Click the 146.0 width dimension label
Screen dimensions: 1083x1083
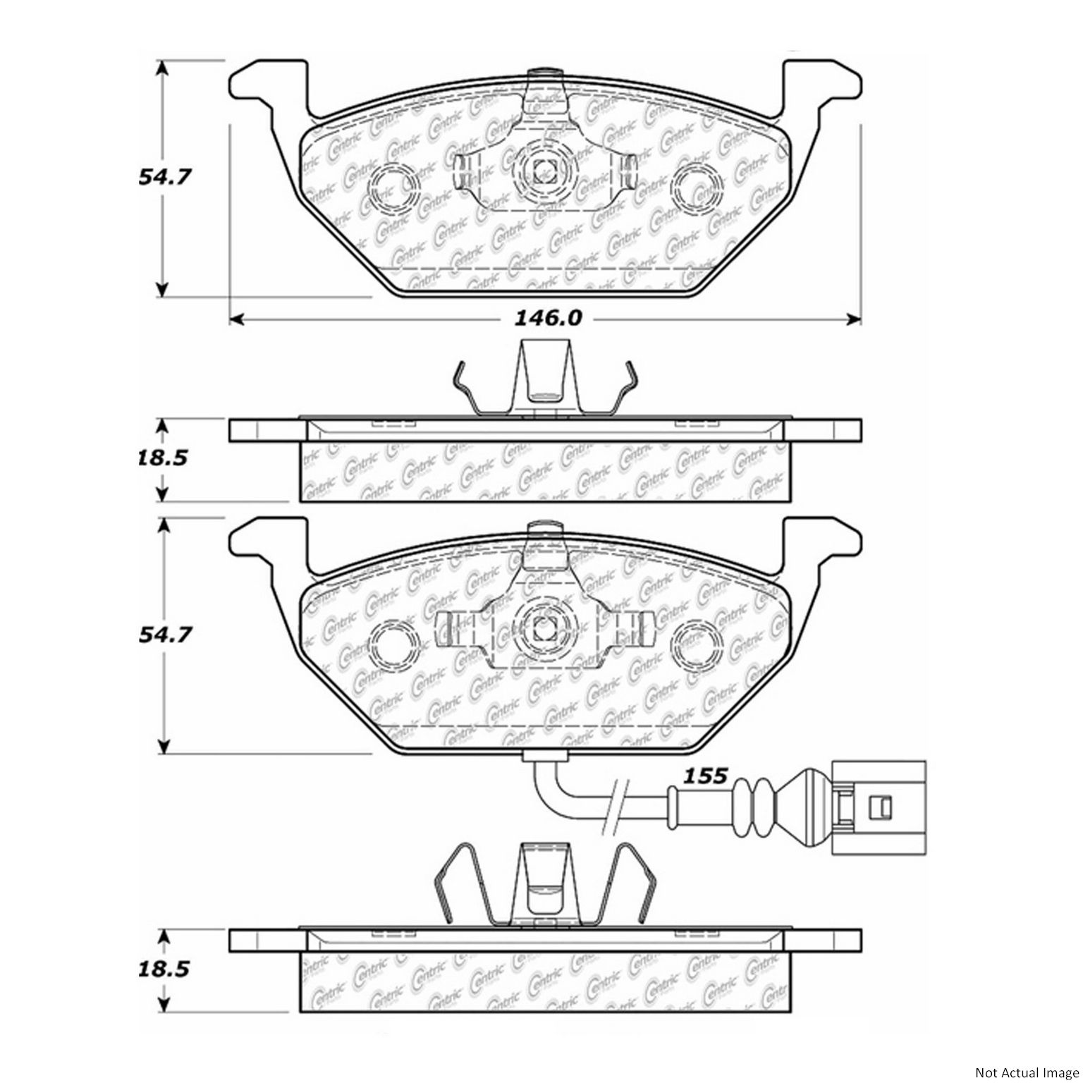[x=546, y=319]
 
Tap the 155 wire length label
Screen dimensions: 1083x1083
[x=706, y=776]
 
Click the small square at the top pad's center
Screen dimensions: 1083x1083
[x=544, y=169]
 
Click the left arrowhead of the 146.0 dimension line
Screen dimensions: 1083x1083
[x=237, y=320]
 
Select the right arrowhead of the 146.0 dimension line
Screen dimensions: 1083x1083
[x=855, y=320]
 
